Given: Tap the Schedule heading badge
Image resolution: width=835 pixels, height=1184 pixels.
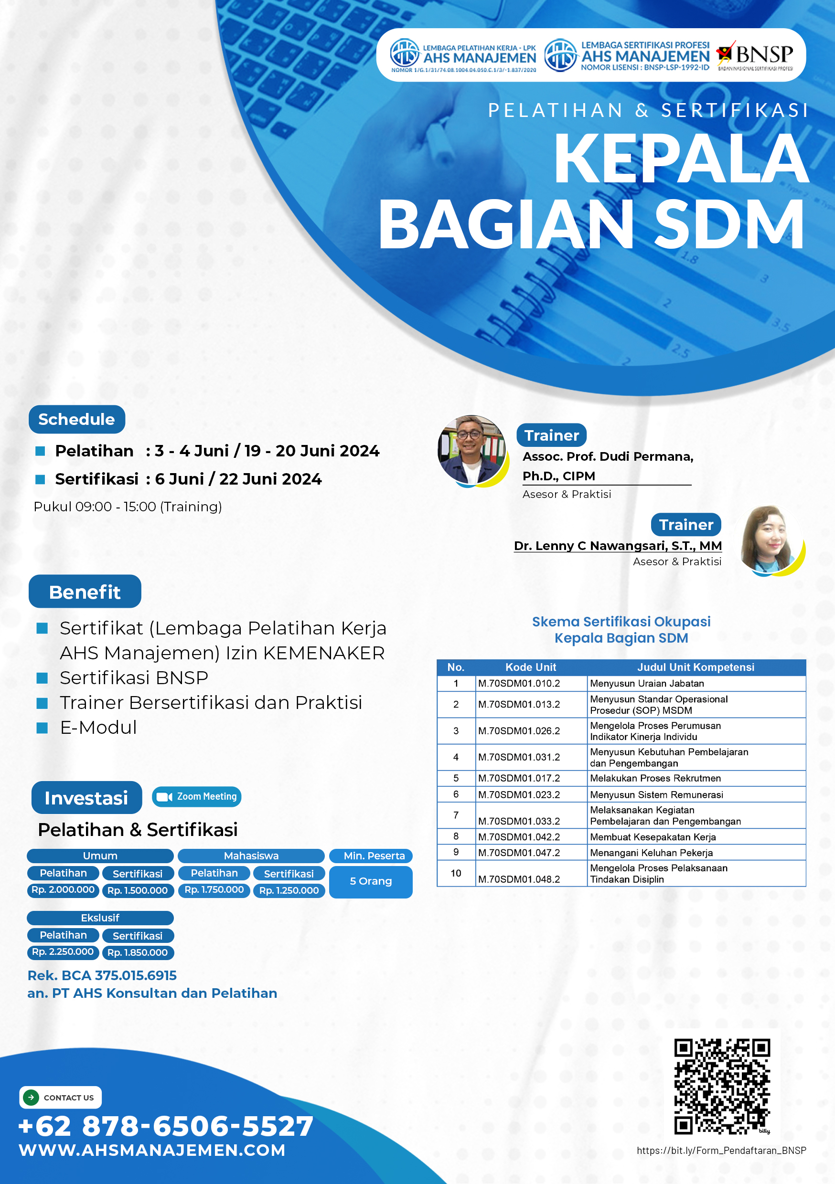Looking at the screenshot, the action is click(x=77, y=419).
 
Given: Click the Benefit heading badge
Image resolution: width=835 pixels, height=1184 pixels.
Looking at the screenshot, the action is click(x=85, y=592).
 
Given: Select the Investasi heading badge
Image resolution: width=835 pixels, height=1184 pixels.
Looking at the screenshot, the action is click(x=86, y=797).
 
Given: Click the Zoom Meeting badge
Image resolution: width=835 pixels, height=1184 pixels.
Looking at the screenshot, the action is click(x=197, y=797).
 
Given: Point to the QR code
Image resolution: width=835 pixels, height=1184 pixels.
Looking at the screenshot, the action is click(x=722, y=1087).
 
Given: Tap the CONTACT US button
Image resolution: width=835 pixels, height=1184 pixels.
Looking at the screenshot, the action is click(x=60, y=1098).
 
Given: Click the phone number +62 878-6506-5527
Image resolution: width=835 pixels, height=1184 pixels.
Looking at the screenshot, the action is click(x=166, y=1126).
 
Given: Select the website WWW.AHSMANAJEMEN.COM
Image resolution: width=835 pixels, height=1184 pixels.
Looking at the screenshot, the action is click(x=152, y=1150).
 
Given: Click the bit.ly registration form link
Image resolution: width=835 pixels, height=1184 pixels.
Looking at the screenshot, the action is click(x=721, y=1151).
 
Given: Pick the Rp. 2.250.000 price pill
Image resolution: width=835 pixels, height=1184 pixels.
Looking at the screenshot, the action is click(x=63, y=952).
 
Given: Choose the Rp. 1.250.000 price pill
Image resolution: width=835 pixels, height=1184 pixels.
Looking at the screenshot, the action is click(x=289, y=890).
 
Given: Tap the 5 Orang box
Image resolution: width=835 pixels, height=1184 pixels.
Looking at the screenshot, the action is click(x=371, y=881).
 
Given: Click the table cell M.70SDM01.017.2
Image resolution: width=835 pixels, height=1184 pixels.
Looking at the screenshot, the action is click(x=519, y=778).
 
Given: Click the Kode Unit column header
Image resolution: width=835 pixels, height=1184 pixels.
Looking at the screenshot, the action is click(x=531, y=667).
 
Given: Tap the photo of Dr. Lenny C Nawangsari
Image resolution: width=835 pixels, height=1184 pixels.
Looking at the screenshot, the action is click(x=771, y=540).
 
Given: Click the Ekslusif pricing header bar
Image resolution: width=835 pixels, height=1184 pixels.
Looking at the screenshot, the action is click(x=100, y=918).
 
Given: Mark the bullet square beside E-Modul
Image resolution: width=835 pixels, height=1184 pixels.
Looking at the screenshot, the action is click(x=43, y=728).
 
